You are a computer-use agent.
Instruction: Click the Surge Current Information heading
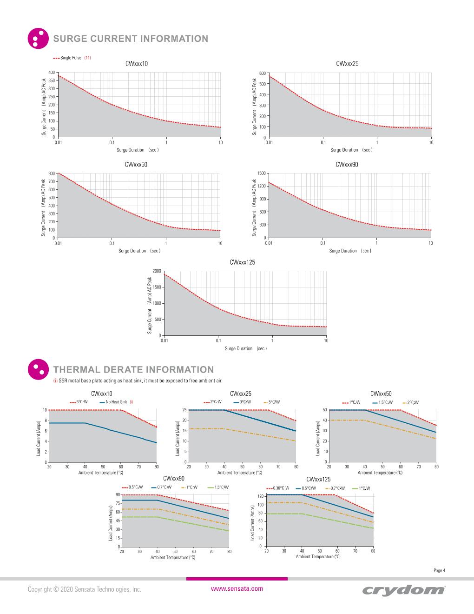click(x=131, y=39)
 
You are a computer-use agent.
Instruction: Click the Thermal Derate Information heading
click(x=133, y=369)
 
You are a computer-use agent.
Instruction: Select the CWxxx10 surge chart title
click(x=137, y=64)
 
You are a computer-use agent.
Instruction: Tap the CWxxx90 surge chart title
click(x=347, y=164)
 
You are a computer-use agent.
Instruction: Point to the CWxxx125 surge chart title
click(x=242, y=262)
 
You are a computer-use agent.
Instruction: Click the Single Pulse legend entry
click(x=71, y=58)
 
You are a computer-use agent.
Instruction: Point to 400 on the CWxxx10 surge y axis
click(x=52, y=72)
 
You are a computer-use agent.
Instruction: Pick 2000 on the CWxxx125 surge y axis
click(x=157, y=271)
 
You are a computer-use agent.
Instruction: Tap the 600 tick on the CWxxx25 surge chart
click(x=262, y=73)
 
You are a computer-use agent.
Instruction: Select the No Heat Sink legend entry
click(x=116, y=402)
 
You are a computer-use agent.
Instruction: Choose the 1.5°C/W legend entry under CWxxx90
click(x=221, y=487)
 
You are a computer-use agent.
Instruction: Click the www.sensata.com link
click(x=237, y=588)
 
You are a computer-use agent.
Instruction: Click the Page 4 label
click(x=439, y=570)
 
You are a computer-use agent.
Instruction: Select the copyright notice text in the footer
click(x=84, y=589)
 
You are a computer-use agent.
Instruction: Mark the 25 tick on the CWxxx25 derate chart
click(x=184, y=410)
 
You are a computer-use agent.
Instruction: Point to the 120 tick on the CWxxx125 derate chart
click(x=261, y=496)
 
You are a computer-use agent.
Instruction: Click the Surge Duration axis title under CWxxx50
click(x=139, y=251)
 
